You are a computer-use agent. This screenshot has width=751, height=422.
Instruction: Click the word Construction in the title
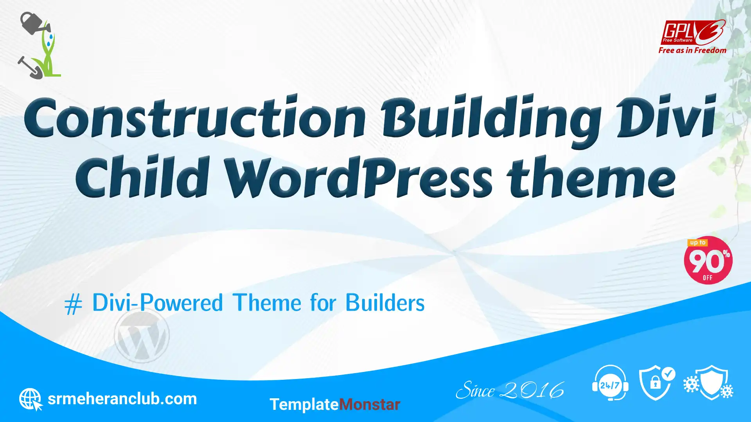click(195, 117)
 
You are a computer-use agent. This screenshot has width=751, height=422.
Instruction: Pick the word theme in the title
click(591, 177)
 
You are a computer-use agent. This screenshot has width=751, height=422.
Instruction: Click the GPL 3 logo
click(693, 32)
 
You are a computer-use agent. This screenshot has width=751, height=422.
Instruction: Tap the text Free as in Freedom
click(692, 50)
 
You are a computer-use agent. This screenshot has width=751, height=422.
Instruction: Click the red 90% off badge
click(708, 260)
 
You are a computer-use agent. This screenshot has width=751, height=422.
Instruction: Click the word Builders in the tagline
click(385, 303)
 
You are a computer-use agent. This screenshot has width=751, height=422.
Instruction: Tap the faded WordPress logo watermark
click(142, 335)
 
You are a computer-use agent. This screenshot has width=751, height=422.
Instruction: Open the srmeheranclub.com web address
click(122, 399)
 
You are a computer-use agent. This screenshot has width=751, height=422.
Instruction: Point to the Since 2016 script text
click(510, 390)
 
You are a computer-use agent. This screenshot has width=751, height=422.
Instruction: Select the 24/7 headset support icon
click(610, 383)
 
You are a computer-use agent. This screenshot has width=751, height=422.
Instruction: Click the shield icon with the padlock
click(656, 383)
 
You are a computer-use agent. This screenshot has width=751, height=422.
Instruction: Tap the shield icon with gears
click(709, 383)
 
